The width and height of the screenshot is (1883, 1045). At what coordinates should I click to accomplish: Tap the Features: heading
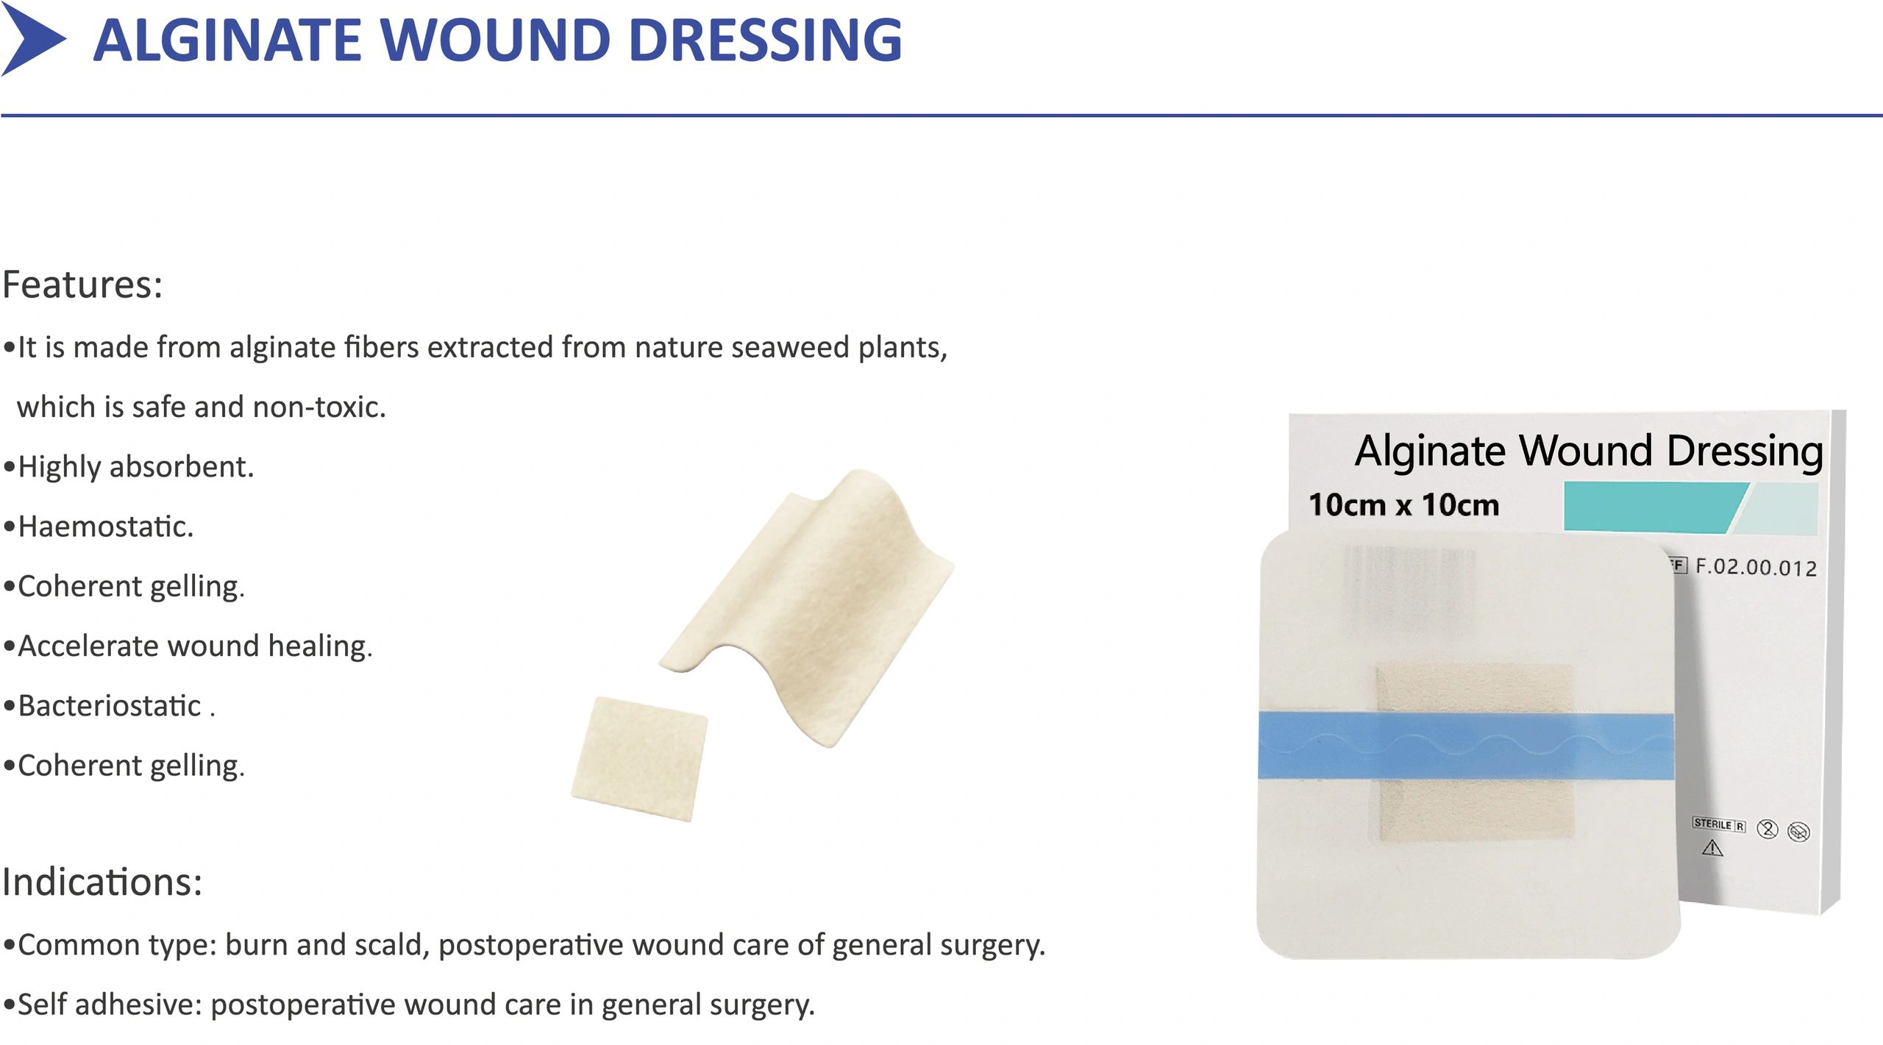click(82, 285)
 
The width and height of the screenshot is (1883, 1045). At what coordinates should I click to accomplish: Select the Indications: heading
click(102, 882)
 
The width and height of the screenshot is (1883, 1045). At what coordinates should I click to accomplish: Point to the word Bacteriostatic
click(109, 706)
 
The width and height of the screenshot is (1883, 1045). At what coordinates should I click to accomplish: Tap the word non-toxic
click(319, 407)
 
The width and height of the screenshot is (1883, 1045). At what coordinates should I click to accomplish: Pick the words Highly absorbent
click(135, 467)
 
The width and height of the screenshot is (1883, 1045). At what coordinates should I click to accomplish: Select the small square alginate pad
click(639, 758)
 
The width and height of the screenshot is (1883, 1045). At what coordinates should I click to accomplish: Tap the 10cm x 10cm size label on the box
click(1403, 505)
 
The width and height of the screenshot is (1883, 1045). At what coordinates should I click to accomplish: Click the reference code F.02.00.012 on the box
click(1756, 567)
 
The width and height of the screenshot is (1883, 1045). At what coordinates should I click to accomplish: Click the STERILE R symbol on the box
click(1719, 824)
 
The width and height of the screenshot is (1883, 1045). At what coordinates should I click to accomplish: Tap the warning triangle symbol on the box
click(1712, 849)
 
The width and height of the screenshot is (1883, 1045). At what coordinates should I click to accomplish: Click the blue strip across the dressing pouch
click(1466, 746)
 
